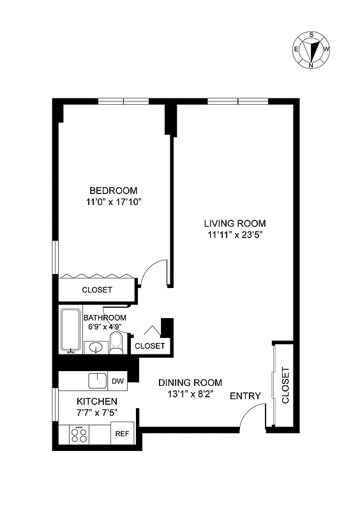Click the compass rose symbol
311,49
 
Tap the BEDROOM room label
114,190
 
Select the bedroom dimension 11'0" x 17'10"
114,202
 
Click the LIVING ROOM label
234,223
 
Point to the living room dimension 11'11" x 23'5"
234,234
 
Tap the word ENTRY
245,396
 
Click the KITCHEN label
97,401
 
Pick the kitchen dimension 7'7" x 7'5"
97,413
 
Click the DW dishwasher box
117,381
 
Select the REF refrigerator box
122,433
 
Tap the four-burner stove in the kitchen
80,435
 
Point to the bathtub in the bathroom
70,330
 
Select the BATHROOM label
105,317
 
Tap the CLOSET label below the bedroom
97,290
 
